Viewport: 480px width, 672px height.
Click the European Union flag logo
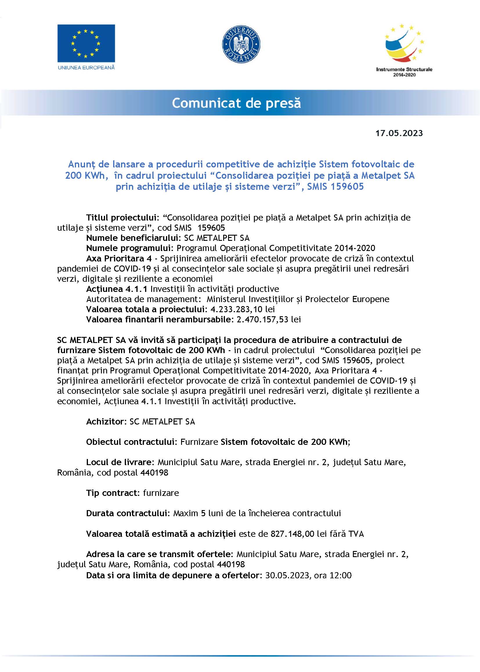86,43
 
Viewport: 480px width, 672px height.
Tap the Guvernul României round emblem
241,44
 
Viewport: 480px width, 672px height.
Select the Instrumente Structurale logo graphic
404,44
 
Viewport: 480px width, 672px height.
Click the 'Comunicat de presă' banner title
236,103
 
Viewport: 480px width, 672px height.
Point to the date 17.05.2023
399,133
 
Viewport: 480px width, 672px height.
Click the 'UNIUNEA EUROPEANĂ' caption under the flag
86,68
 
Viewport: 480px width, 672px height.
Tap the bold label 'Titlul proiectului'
121,218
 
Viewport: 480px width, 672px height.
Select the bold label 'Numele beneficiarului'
133,238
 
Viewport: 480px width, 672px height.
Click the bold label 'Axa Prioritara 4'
119,259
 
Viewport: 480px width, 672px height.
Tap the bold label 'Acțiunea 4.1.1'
116,289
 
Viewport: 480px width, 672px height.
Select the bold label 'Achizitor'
105,422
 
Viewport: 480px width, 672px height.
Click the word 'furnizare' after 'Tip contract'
161,493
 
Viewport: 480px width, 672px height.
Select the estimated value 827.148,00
292,534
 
